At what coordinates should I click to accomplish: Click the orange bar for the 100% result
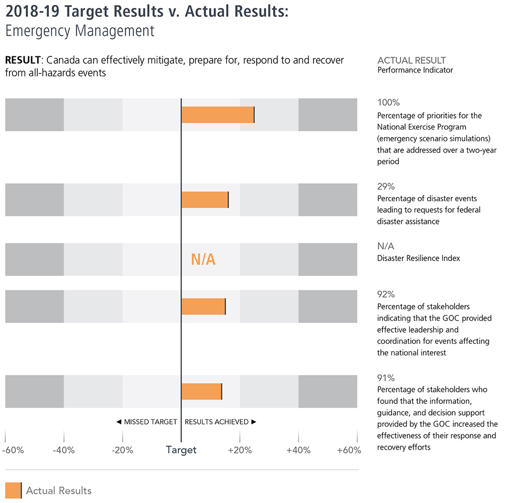coord(218,115)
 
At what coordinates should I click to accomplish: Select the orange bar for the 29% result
coord(205,200)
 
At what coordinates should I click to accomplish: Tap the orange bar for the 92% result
coord(204,307)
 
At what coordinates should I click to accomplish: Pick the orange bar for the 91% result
coord(201,391)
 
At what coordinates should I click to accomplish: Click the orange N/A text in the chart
coord(203,259)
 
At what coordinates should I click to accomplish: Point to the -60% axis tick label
coord(13,450)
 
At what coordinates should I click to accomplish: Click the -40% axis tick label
coord(64,450)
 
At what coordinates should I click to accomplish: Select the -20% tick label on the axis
coord(123,450)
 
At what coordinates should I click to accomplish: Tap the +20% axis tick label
coord(240,450)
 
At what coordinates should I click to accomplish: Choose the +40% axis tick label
coord(298,450)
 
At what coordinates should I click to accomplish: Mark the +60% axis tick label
coord(349,450)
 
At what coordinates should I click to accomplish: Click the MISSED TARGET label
coord(147,422)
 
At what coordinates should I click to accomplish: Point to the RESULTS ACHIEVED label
coord(220,422)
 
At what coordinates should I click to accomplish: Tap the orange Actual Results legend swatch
coord(13,490)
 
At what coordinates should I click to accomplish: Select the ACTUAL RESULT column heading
coord(411,60)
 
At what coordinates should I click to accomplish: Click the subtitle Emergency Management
coord(80,31)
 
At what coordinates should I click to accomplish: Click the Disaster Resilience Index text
coord(419,258)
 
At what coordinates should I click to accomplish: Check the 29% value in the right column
coord(386,186)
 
